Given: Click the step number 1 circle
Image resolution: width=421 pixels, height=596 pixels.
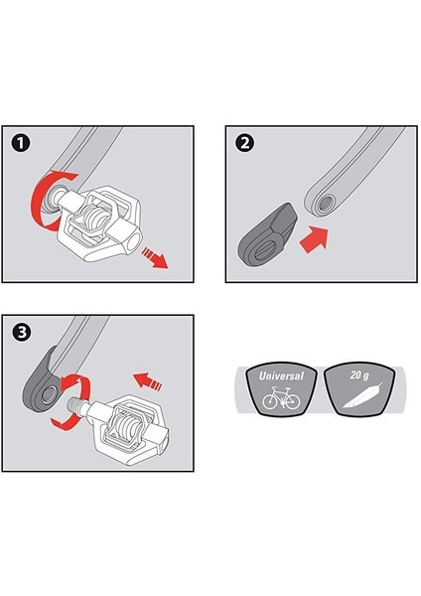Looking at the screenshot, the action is (x=21, y=143).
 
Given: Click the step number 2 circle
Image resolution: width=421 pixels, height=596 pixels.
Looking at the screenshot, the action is (x=245, y=143).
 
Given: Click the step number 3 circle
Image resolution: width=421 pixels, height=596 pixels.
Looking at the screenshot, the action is (x=22, y=332).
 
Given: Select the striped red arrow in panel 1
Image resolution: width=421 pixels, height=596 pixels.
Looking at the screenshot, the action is (x=155, y=257).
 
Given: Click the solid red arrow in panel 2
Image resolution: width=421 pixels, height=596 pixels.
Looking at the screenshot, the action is (x=314, y=239).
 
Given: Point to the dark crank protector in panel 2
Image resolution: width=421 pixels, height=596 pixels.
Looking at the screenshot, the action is (x=267, y=235).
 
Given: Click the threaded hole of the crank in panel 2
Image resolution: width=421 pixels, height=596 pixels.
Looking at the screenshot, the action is (x=326, y=205).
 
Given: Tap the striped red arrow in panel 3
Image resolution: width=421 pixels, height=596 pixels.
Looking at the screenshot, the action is (x=147, y=381).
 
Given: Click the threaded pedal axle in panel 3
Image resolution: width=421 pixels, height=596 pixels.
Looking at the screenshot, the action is (x=76, y=404).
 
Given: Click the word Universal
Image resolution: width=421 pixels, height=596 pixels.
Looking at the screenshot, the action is (x=281, y=375).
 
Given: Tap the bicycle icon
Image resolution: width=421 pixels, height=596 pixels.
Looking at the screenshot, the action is (x=281, y=398).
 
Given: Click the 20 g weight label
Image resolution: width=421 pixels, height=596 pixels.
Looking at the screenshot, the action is (x=359, y=375).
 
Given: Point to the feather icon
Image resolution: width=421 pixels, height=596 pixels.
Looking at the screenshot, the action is (x=362, y=396).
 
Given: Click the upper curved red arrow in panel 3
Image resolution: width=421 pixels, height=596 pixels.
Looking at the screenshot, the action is (x=77, y=384).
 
